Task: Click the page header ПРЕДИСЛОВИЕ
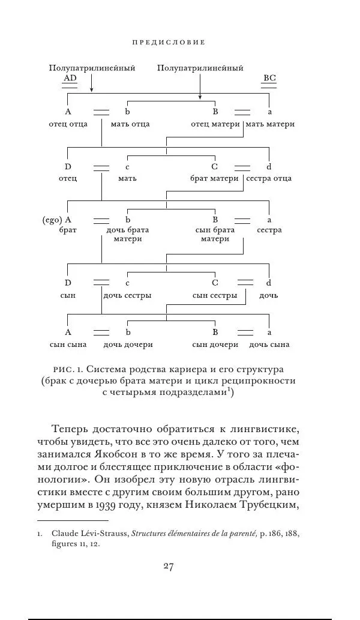(169, 43)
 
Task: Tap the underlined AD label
(70, 79)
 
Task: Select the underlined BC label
(269, 79)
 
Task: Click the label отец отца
(68, 124)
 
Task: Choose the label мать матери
(270, 124)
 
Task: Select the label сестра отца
(269, 178)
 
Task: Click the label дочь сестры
(127, 295)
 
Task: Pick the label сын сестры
(215, 295)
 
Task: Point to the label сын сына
(68, 345)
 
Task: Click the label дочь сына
(269, 345)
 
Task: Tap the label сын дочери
(215, 345)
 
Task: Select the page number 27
(169, 567)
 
